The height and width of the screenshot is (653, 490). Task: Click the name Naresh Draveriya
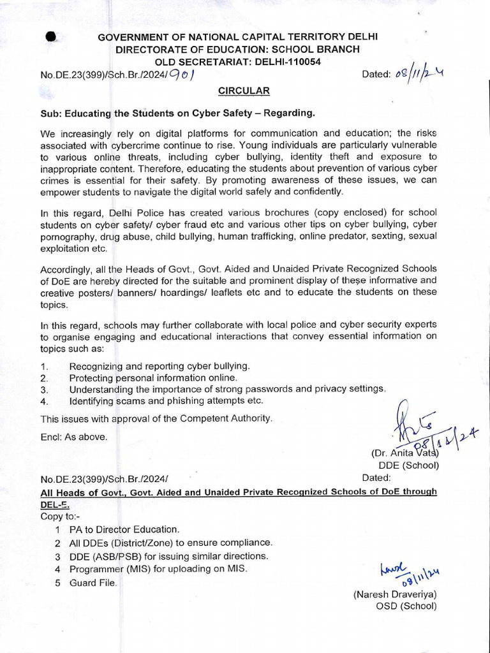(x=395, y=594)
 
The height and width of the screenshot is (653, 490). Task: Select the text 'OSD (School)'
(x=406, y=606)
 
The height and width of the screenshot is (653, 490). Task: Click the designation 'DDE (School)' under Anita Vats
(x=408, y=465)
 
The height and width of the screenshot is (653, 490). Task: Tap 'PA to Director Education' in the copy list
(x=124, y=529)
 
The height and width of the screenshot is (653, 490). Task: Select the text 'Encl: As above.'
(x=74, y=437)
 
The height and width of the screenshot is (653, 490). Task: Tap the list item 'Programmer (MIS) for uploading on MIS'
(x=158, y=569)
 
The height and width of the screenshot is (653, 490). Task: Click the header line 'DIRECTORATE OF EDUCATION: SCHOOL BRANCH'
(x=237, y=49)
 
